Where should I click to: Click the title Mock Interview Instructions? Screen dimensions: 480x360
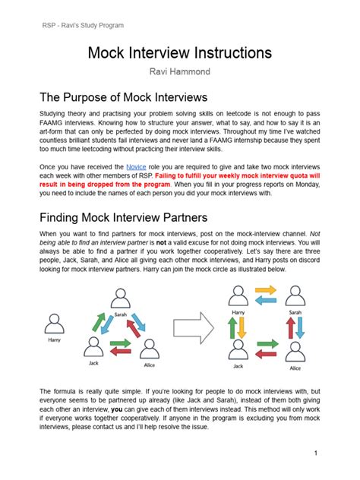[x=179, y=52]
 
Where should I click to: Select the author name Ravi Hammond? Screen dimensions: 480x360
[x=179, y=72]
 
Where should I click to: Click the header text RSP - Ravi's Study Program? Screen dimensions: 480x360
[x=83, y=25]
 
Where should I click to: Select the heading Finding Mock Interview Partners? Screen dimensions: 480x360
[x=125, y=217]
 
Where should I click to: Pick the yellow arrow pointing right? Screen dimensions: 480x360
[x=265, y=290]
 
